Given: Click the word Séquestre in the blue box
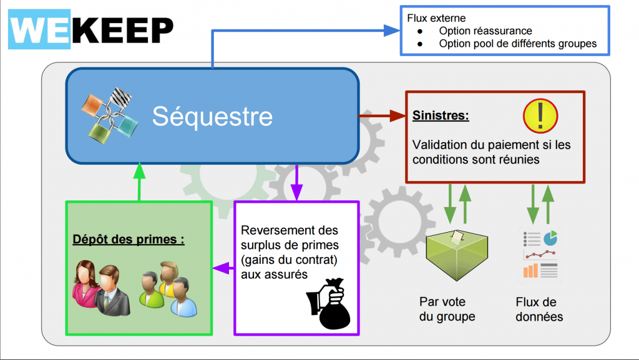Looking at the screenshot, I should pyautogui.click(x=212, y=117).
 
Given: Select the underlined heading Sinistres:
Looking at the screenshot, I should pyautogui.click(x=441, y=116).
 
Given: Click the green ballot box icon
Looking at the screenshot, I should pyautogui.click(x=456, y=253).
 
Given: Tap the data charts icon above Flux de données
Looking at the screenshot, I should pyautogui.click(x=540, y=254).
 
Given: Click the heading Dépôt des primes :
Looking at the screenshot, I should pyautogui.click(x=129, y=239).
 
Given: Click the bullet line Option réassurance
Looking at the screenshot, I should pyautogui.click(x=485, y=31).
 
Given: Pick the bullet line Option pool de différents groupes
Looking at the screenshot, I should pyautogui.click(x=517, y=44).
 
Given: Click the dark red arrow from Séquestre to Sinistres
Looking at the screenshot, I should pyautogui.click(x=382, y=115).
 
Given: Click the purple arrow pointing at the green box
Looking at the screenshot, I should pyautogui.click(x=222, y=268).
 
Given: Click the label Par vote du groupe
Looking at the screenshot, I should pyautogui.click(x=447, y=309).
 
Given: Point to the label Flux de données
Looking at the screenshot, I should pyautogui.click(x=539, y=309).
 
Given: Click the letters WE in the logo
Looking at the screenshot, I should pyautogui.click(x=39, y=29).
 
